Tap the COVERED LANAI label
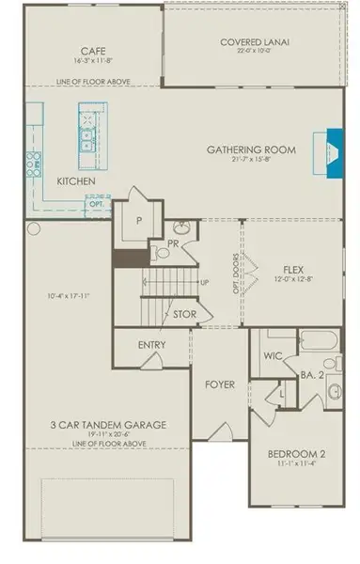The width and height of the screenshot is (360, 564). pyautogui.click(x=255, y=41)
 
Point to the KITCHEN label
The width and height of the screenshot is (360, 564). pyautogui.click(x=76, y=181)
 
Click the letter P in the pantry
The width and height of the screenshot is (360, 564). pyautogui.click(x=138, y=223)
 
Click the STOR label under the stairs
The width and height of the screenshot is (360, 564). pyautogui.click(x=184, y=314)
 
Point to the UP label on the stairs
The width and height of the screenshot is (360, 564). pyautogui.click(x=204, y=282)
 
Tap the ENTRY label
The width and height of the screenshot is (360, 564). pyautogui.click(x=152, y=345)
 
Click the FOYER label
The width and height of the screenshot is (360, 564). pyautogui.click(x=219, y=384)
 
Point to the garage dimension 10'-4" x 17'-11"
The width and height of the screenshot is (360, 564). pyautogui.click(x=66, y=297)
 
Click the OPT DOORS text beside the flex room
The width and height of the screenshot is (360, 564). pyautogui.click(x=250, y=273)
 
